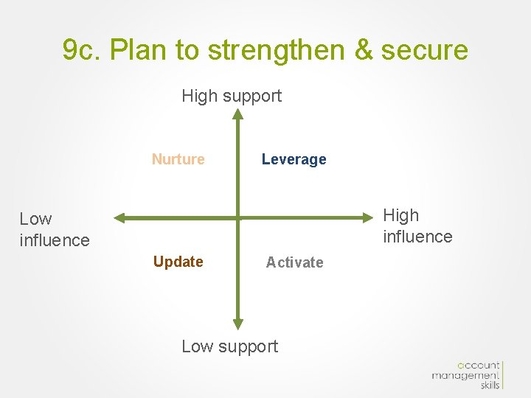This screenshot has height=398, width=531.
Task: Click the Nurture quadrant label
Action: pos(178,159)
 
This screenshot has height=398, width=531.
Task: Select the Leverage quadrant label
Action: pos(294,159)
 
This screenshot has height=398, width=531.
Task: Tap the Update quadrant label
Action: pos(178,262)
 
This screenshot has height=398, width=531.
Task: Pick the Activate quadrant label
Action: pos(294,262)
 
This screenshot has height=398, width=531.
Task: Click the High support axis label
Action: pos(232,96)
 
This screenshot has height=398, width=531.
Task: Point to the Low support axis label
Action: pos(229,346)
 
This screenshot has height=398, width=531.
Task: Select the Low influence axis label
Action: pos(54,229)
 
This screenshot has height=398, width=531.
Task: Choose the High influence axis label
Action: pos(417,226)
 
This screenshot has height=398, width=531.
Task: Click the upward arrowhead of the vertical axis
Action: pos(237,114)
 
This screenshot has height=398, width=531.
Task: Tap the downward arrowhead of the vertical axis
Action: pos(237,323)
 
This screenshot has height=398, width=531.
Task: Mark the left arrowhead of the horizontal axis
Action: pos(120,217)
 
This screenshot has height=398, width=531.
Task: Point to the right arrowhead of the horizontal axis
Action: pos(371,217)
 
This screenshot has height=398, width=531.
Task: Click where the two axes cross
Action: pos(237,217)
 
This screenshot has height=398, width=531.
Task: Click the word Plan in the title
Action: pos(143,50)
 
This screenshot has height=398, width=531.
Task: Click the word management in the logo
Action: pos(465,375)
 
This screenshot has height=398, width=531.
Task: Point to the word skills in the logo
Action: pos(488,385)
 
